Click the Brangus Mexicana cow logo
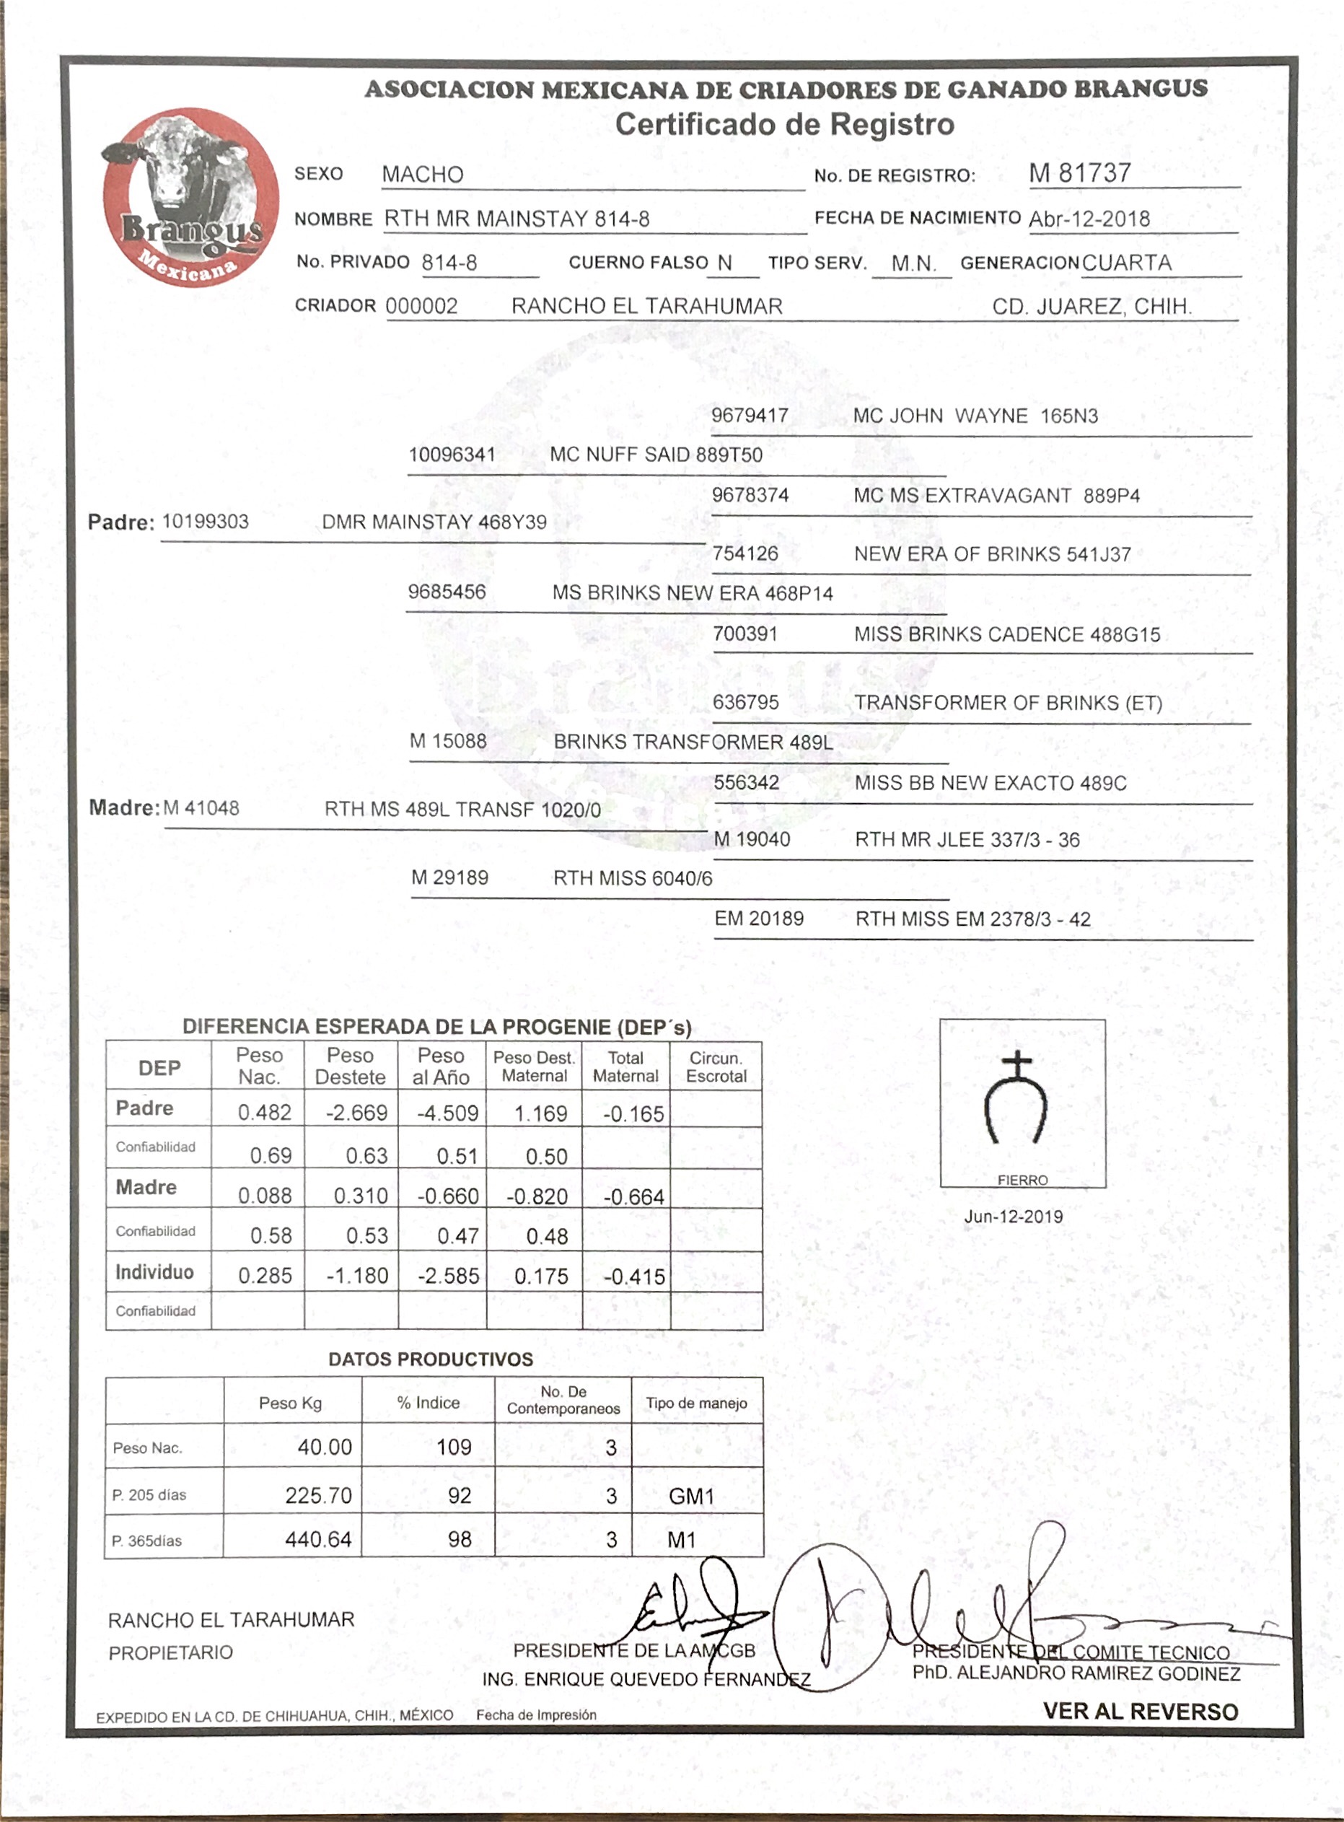(x=190, y=197)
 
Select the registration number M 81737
(x=1079, y=173)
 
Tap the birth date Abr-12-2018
(x=1089, y=219)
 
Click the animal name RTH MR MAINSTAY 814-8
(x=517, y=219)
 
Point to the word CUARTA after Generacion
(x=1127, y=263)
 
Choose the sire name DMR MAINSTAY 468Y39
(x=434, y=522)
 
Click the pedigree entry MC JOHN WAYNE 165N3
(x=975, y=416)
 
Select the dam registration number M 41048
(x=202, y=808)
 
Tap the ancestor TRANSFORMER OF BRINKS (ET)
(x=1007, y=703)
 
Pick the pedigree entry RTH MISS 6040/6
(x=632, y=878)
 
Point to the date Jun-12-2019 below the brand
(x=1013, y=1217)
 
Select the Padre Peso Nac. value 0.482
(x=265, y=1113)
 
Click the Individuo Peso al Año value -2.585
(x=448, y=1275)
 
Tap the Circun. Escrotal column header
(x=716, y=1067)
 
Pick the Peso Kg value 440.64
(x=318, y=1539)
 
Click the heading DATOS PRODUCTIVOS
(x=431, y=1359)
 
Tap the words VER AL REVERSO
(x=1140, y=1712)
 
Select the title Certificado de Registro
(x=784, y=125)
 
